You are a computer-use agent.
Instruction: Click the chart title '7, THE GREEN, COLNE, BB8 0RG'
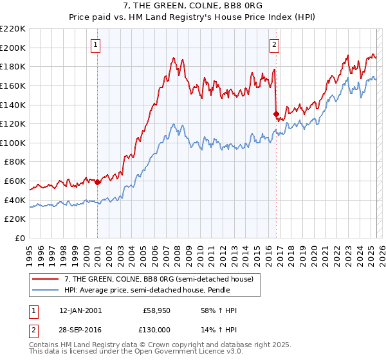click(x=192, y=6)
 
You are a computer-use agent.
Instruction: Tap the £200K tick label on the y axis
click(x=14, y=48)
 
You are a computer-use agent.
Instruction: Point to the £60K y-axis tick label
click(x=15, y=181)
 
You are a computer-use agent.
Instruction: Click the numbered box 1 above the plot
click(x=95, y=45)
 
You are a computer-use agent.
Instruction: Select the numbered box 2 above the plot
click(x=274, y=45)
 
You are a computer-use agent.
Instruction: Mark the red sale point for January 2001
click(x=98, y=182)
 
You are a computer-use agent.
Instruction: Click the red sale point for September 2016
click(x=276, y=114)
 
